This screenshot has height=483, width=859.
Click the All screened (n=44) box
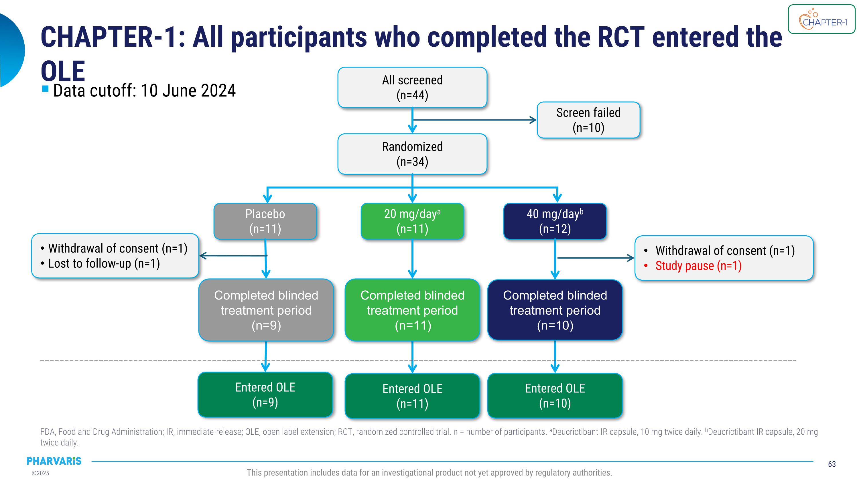(x=412, y=87)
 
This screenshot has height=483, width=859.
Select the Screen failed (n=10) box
(x=588, y=120)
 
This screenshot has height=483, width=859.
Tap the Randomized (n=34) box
(x=412, y=154)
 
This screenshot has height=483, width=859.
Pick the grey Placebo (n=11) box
(x=265, y=221)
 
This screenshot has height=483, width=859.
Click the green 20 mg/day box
(x=412, y=221)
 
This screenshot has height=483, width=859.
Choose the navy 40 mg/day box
(x=555, y=221)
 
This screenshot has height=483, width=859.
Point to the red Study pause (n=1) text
(x=698, y=266)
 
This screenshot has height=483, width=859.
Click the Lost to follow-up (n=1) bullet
(x=104, y=264)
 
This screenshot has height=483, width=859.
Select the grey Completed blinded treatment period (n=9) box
(x=266, y=310)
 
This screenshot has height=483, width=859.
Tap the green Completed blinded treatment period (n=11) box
(x=412, y=310)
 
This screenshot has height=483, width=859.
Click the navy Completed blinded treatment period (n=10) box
(x=555, y=310)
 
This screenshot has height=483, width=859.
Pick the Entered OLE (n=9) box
(x=265, y=395)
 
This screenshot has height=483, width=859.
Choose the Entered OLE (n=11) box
(x=412, y=396)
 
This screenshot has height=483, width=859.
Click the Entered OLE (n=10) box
(x=555, y=396)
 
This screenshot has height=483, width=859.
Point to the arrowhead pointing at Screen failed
(x=533, y=120)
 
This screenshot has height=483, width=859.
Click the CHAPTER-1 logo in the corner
(x=822, y=19)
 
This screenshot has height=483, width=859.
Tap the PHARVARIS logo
(x=54, y=461)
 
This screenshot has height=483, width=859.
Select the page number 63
(x=832, y=464)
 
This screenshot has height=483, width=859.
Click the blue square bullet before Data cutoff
(x=45, y=89)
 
